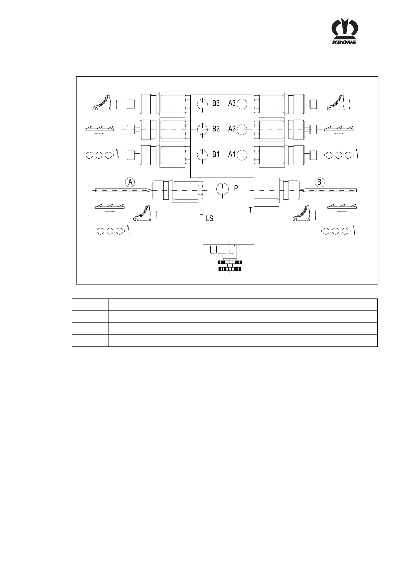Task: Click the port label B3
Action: (x=216, y=103)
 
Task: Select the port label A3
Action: (x=232, y=103)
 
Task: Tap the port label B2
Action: (x=216, y=129)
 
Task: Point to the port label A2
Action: (x=232, y=129)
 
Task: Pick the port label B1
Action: (x=216, y=155)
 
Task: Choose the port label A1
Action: (x=232, y=155)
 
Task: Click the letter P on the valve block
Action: (x=236, y=188)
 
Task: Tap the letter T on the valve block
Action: (x=250, y=210)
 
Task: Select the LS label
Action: (x=209, y=219)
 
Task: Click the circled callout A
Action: (x=130, y=182)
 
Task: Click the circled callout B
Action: (x=319, y=182)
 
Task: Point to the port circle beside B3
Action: (x=202, y=104)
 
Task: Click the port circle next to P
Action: (x=221, y=189)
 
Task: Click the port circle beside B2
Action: (x=202, y=129)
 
